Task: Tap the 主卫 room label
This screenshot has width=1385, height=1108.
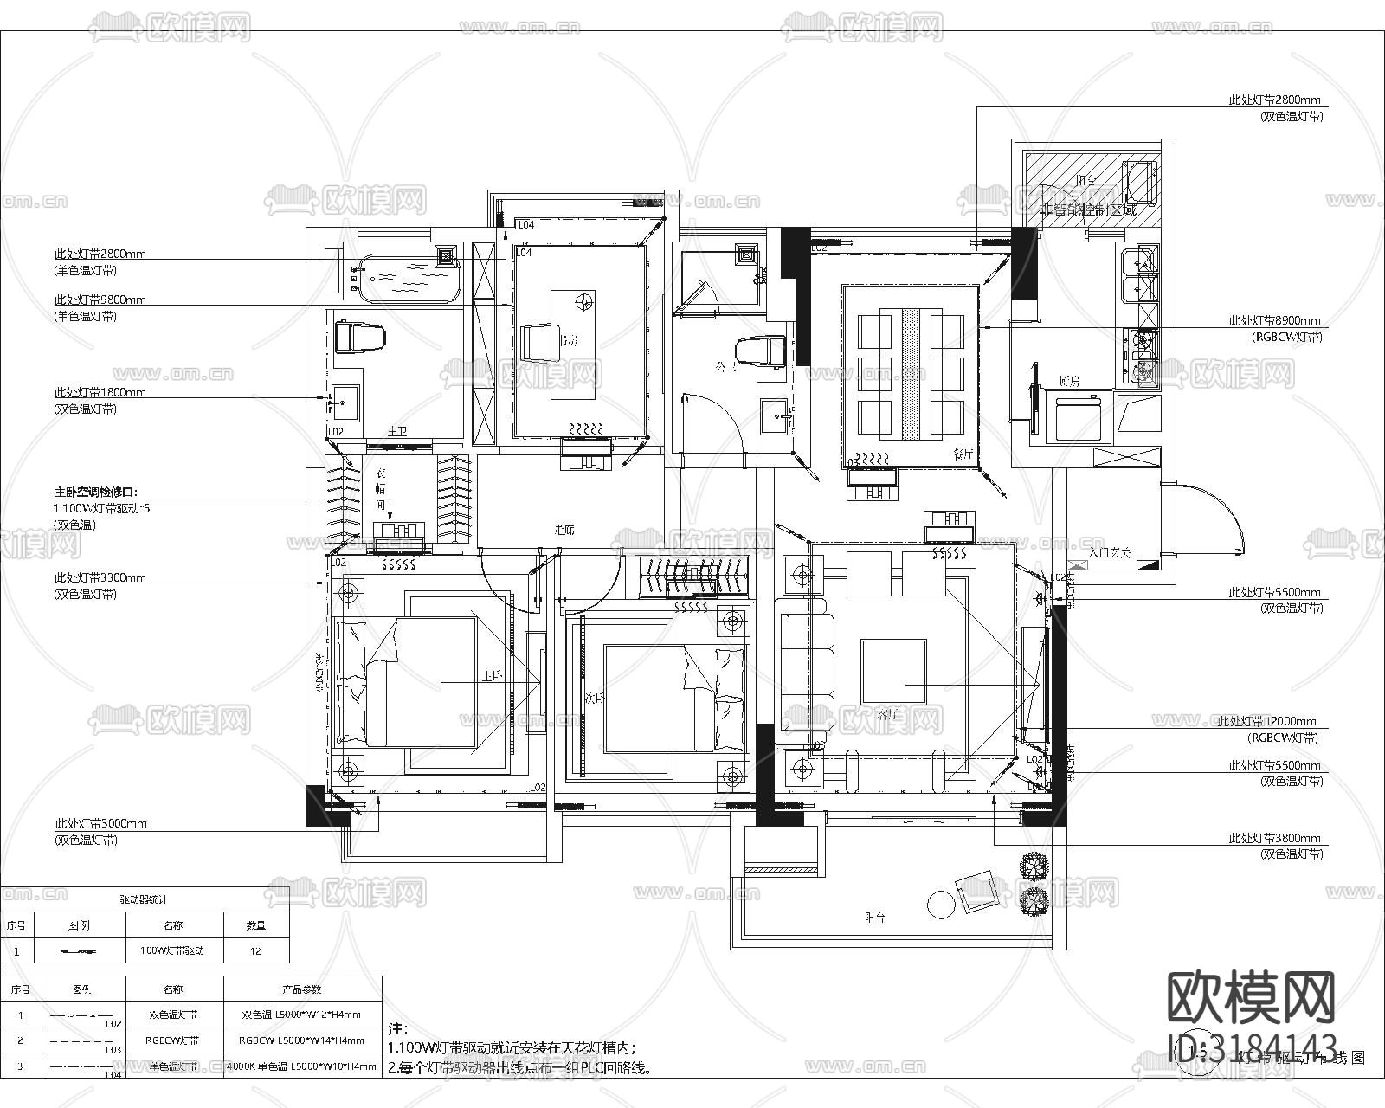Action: [396, 431]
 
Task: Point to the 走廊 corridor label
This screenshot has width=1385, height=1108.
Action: [564, 530]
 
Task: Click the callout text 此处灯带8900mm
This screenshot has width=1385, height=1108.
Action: [1274, 320]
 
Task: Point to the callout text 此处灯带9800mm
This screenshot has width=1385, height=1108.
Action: [100, 300]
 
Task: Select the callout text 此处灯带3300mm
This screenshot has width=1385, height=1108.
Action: [100, 577]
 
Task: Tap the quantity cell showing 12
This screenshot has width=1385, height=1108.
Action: [255, 950]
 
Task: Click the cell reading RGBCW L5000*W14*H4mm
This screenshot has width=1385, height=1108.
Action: [302, 1040]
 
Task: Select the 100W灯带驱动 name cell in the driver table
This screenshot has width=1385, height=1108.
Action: [172, 950]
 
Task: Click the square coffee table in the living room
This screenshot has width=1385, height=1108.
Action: [893, 671]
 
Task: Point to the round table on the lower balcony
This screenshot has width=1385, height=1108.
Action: [940, 905]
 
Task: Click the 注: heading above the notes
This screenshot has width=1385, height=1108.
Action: [396, 1029]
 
